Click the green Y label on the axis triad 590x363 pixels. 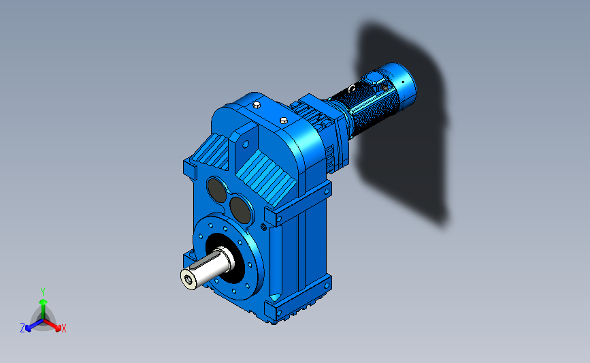(x=42, y=292)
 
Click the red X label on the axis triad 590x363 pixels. (x=63, y=328)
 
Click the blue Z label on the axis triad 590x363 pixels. (x=22, y=328)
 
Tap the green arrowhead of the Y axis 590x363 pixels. (x=43, y=302)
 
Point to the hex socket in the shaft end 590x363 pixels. (x=188, y=279)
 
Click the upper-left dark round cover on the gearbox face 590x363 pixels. (x=216, y=190)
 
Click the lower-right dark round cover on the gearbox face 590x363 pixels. (x=240, y=210)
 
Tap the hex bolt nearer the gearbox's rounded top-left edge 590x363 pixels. (x=257, y=105)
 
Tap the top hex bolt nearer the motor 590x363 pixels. (x=284, y=121)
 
